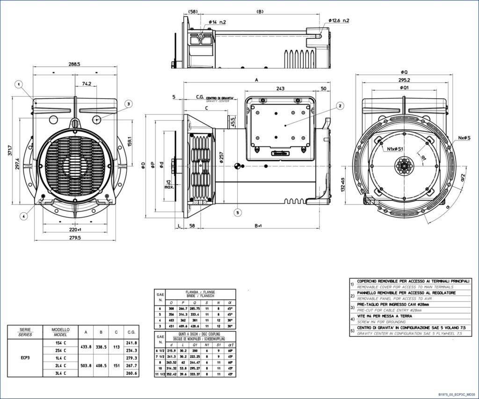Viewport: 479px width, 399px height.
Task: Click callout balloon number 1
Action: click(x=19, y=85)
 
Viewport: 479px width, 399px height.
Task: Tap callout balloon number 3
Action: click(x=128, y=103)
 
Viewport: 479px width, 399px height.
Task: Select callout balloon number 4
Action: click(x=24, y=216)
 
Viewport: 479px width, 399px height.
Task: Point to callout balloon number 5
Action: click(x=238, y=212)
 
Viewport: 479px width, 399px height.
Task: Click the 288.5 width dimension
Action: click(x=74, y=64)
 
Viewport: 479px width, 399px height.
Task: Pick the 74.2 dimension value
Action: click(x=87, y=84)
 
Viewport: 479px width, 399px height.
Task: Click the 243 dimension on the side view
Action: click(x=281, y=88)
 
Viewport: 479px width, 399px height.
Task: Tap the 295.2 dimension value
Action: click(x=404, y=80)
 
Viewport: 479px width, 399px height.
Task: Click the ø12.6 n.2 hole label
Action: click(x=339, y=21)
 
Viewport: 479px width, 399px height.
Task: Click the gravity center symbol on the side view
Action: click(x=238, y=166)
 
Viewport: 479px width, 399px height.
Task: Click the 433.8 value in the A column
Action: click(x=86, y=347)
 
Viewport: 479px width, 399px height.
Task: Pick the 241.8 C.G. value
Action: click(x=131, y=342)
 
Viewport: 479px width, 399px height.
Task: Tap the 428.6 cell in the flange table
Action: click(x=207, y=326)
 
